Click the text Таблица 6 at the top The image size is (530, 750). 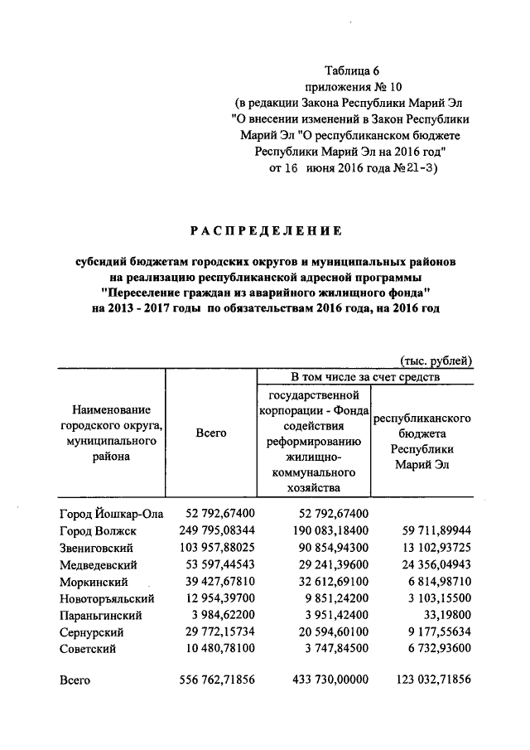pyautogui.click(x=352, y=70)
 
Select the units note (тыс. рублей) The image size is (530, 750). pyautogui.click(x=436, y=360)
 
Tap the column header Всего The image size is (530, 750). pyautogui.click(x=211, y=433)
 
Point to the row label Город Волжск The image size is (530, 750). pyautogui.click(x=98, y=530)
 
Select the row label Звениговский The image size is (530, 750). pyautogui.click(x=97, y=548)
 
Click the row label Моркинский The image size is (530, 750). pyautogui.click(x=94, y=582)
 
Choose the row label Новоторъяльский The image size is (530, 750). pyautogui.click(x=108, y=598)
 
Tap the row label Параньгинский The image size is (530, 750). pyautogui.click(x=101, y=616)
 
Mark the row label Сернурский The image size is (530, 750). pyautogui.click(x=93, y=632)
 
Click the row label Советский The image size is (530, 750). pyautogui.click(x=89, y=649)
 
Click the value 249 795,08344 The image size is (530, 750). pyautogui.click(x=217, y=530)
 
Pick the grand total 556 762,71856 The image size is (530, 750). pyautogui.click(x=217, y=680)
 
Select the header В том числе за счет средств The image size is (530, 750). pyautogui.click(x=365, y=376)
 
